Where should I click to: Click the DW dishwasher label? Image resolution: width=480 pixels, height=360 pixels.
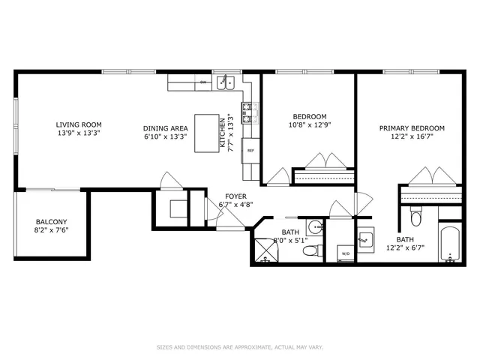point(203,82)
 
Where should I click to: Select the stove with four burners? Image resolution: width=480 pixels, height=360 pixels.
point(250,112)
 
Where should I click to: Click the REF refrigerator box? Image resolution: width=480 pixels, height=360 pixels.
point(250,149)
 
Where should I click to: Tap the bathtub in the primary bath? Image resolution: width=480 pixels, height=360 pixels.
point(450,243)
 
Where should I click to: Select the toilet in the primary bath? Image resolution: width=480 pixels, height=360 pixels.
point(417,218)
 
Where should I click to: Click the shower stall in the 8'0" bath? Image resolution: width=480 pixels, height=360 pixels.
point(266,250)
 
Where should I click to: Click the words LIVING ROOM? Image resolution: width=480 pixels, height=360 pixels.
point(79,124)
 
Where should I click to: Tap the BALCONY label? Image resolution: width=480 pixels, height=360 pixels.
point(52,222)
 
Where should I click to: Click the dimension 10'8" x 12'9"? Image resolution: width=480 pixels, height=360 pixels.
point(310,125)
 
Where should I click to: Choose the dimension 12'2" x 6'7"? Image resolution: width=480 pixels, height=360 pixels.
point(406,247)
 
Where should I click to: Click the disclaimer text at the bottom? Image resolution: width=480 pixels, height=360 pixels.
point(239,347)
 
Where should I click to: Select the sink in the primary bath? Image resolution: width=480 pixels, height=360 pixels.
point(364,240)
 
